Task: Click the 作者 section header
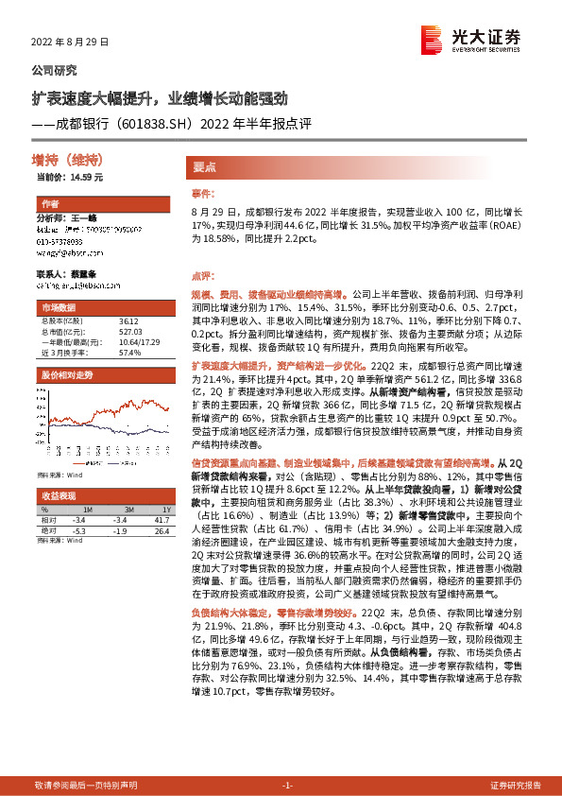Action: (x=50, y=204)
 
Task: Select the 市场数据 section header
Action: (x=58, y=308)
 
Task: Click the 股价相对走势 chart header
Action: (x=67, y=374)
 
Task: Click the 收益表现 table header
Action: (x=59, y=495)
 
